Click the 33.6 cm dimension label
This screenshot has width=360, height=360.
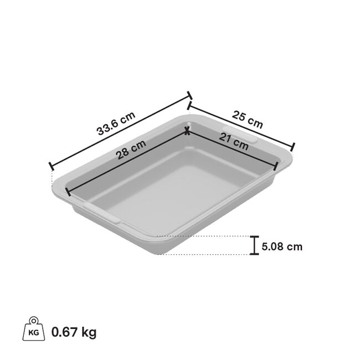coord(115,124)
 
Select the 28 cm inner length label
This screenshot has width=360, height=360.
coord(131,151)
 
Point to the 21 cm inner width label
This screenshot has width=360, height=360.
coord(233,143)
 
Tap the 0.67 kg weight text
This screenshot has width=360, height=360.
coord(74,332)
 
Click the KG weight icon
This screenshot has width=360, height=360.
coord(31,331)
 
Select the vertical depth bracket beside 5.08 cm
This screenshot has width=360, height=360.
coord(254,245)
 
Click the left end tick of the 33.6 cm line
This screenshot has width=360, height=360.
coord(51,166)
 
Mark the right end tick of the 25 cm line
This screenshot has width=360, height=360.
coord(292,148)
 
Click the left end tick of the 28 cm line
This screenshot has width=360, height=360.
coord(68,192)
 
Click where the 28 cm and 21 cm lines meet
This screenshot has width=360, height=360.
coord(187,131)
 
